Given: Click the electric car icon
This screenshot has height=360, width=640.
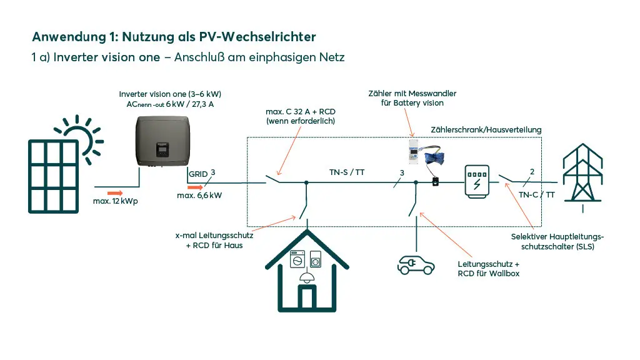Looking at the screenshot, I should coord(416,264).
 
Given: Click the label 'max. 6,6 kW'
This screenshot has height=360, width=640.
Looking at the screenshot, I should coord(199,195).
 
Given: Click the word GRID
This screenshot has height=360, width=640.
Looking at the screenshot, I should coord(198,174).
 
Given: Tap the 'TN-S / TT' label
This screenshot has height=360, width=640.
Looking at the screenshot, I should coord(347,172).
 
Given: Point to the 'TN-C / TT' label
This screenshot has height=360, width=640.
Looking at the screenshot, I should coord(536,194).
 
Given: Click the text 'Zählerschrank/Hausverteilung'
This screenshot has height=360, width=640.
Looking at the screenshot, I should coord(486,129).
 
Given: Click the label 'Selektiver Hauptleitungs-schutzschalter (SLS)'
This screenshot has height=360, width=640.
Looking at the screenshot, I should coord(557,241).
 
